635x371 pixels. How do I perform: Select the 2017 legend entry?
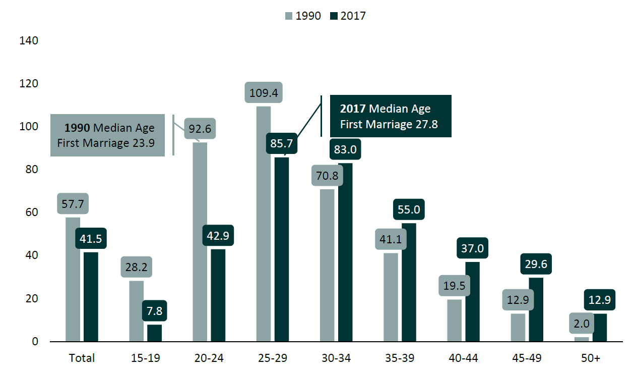click(348, 16)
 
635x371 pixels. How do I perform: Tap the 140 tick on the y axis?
click(29, 40)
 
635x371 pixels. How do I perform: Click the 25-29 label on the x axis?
click(273, 358)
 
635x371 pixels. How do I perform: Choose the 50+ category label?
click(590, 358)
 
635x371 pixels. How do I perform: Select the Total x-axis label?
click(82, 358)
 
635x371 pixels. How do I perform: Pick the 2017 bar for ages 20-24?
click(218, 295)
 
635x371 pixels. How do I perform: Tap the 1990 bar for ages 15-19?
click(137, 311)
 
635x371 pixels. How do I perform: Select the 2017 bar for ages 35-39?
click(409, 283)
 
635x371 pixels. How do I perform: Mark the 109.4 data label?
click(264, 93)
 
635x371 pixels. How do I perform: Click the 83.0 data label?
click(345, 149)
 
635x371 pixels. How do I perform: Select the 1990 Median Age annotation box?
click(108, 135)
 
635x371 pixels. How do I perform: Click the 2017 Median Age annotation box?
click(390, 117)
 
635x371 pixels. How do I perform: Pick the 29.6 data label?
click(536, 264)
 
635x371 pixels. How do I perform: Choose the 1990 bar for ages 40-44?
click(454, 321)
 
